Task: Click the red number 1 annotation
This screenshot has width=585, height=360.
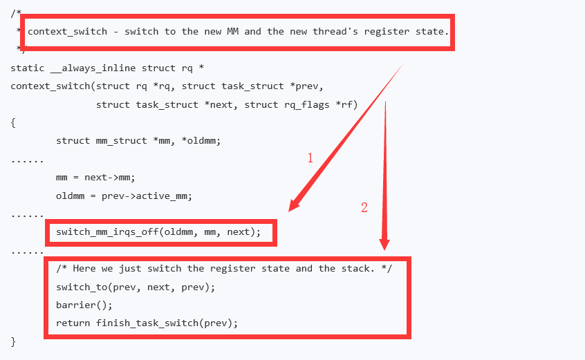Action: tap(310, 158)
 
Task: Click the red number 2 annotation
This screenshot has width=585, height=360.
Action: tap(364, 207)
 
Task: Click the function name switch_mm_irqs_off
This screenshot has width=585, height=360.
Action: tap(107, 232)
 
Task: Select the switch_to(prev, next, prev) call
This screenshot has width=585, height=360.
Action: tap(136, 286)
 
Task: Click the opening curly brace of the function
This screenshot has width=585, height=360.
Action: tap(13, 122)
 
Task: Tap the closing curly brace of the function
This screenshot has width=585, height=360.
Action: tap(13, 341)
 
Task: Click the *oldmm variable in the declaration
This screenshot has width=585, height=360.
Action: tap(201, 140)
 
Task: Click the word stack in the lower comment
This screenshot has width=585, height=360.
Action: tap(367, 268)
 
